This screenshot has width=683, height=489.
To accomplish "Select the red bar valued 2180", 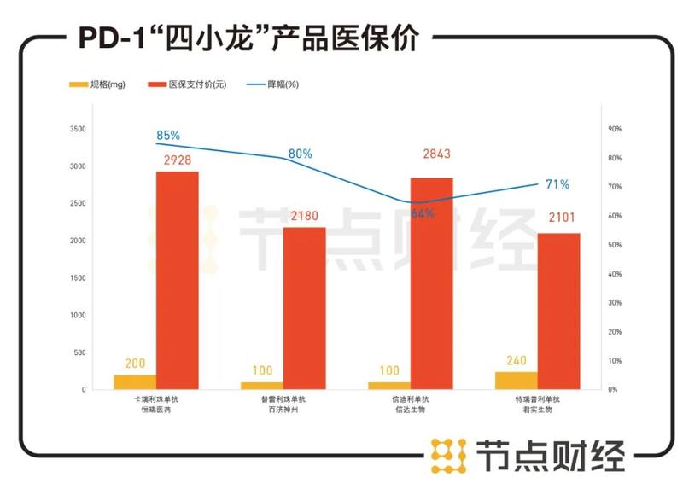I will (305, 308).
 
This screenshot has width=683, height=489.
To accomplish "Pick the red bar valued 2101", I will (558, 311).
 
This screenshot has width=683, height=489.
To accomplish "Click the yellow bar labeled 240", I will (516, 381).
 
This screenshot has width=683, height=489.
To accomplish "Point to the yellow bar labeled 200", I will (135, 381).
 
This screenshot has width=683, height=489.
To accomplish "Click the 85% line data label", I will (168, 136).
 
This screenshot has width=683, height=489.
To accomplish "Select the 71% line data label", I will (557, 184).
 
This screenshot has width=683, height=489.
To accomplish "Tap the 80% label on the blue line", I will (301, 154).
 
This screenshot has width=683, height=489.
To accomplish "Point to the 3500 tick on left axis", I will (78, 129).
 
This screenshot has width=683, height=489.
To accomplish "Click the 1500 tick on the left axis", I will (78, 278).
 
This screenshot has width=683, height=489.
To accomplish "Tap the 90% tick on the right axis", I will (614, 129).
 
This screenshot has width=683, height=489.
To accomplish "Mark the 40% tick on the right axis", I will (614, 274).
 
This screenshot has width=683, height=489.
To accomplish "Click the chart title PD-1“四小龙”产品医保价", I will (248, 37).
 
